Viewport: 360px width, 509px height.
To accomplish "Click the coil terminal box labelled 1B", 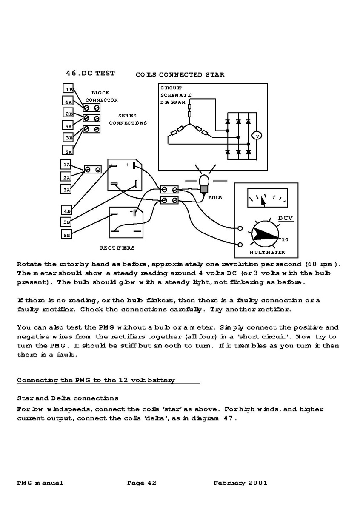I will (x=69, y=89).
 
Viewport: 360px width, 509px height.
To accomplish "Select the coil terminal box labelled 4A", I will (x=69, y=102).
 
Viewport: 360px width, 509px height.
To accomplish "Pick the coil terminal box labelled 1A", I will (x=66, y=165).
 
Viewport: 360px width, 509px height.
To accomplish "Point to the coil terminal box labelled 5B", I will (x=66, y=222).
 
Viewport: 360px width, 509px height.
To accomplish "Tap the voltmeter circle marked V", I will (x=257, y=136).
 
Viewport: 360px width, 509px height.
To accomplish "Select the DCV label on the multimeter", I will (x=286, y=219).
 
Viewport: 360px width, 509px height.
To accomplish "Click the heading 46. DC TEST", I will (x=90, y=73).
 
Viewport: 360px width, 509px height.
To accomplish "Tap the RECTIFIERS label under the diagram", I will (x=117, y=247).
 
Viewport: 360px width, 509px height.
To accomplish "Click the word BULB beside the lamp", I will (x=215, y=198).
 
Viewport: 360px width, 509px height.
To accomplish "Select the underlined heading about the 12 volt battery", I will (x=96, y=380).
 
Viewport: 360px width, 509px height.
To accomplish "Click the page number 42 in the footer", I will (x=152, y=483).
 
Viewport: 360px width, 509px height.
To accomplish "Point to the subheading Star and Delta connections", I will (x=68, y=398).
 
